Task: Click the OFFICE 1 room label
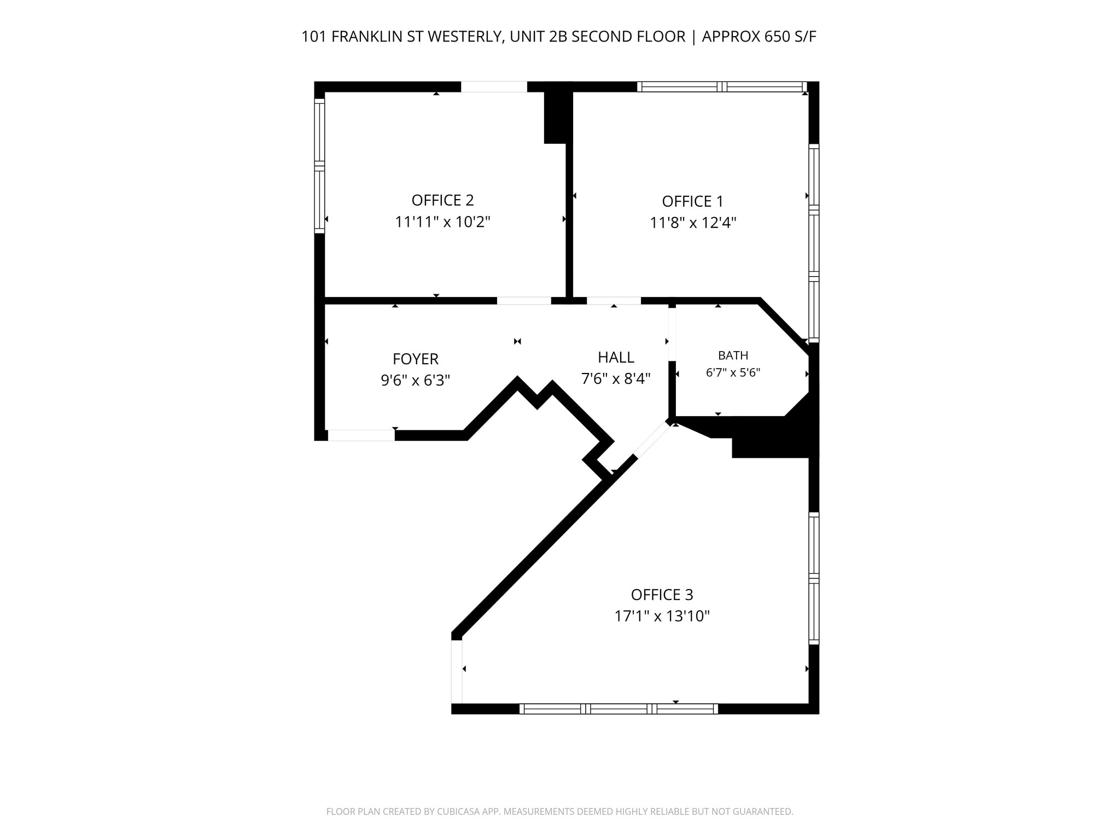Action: pyautogui.click(x=692, y=201)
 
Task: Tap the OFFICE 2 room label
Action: pyautogui.click(x=442, y=200)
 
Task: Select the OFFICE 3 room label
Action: pyautogui.click(x=662, y=594)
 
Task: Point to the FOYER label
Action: pyautogui.click(x=416, y=359)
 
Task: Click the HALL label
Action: pyautogui.click(x=616, y=357)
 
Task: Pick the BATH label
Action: pyautogui.click(x=733, y=355)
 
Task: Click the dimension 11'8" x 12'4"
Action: pyautogui.click(x=693, y=223)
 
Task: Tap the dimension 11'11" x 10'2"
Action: pyautogui.click(x=442, y=222)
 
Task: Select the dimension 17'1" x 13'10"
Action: pyautogui.click(x=662, y=616)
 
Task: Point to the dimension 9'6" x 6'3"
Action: pyautogui.click(x=415, y=380)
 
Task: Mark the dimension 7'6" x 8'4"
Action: pyautogui.click(x=616, y=378)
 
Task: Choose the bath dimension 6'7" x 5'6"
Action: pyautogui.click(x=733, y=373)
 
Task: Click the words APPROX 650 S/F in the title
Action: pyautogui.click(x=759, y=37)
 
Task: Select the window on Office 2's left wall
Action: pyautogui.click(x=319, y=166)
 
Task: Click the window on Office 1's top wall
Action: pyautogui.click(x=722, y=86)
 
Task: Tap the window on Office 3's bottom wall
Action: pyautogui.click(x=619, y=709)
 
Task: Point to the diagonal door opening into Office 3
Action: pyautogui.click(x=652, y=440)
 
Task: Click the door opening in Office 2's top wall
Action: pyautogui.click(x=494, y=86)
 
